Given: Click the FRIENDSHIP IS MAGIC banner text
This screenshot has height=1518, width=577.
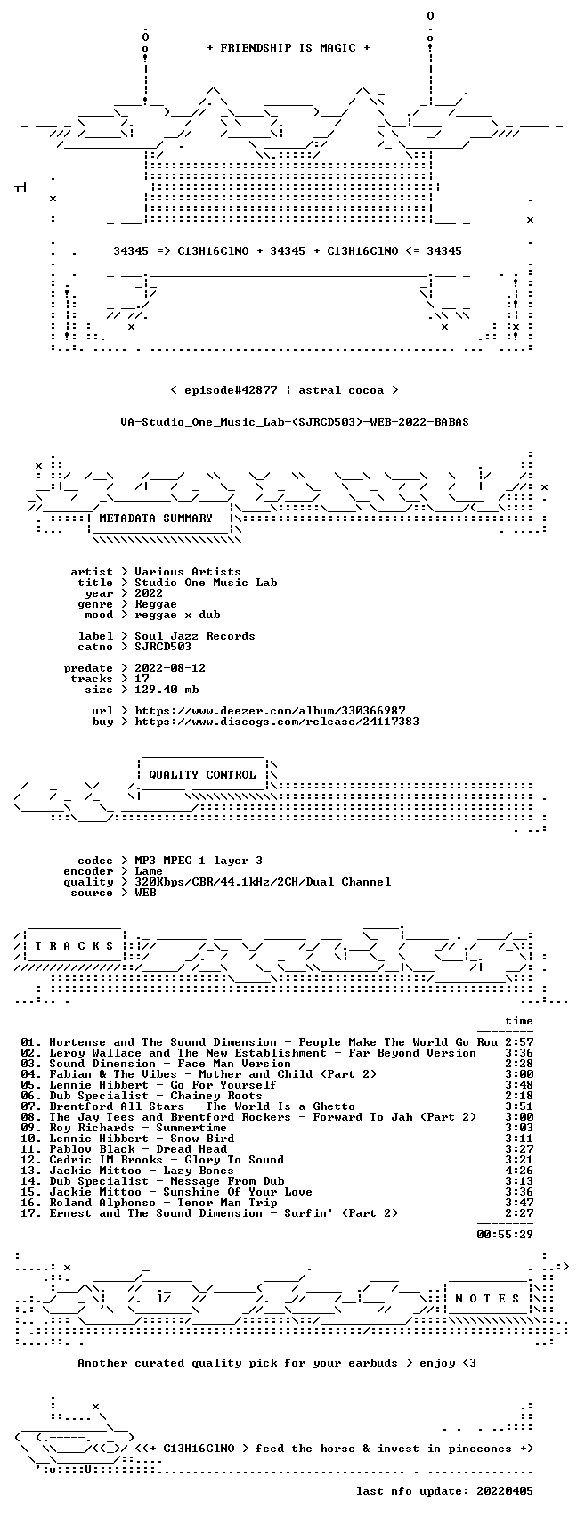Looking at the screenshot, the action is point(288,48).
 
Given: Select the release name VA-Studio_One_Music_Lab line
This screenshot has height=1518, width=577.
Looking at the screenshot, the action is point(295,422).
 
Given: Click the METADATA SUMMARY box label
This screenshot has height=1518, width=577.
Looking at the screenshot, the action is point(156,518).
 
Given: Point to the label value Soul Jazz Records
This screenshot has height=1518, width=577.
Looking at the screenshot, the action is point(195,636).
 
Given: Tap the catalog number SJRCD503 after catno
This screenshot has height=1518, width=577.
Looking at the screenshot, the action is point(163,647).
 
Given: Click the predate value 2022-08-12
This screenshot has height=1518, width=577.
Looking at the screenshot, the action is point(170,668).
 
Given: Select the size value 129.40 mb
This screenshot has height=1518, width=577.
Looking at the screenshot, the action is point(167,690).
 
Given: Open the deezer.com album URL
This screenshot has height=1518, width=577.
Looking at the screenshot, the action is point(270,711).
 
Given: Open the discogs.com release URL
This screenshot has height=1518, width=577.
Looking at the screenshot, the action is point(277,722).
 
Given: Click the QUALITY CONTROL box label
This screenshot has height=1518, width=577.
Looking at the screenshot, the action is point(202,774).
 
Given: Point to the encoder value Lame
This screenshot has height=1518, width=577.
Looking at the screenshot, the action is point(149,871).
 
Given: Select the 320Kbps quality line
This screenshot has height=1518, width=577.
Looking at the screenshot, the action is point(263,882).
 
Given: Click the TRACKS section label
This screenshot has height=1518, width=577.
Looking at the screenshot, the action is point(74,946).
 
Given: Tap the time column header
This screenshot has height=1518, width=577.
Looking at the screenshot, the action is point(519,1021).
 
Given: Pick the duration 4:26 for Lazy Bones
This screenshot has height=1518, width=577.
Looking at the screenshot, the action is point(519,1171).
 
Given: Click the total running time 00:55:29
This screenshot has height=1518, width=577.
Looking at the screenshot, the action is point(505,1235).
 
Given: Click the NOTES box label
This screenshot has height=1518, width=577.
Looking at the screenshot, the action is point(488,1299).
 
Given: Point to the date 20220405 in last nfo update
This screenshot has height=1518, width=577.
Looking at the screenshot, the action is point(505,1491).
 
